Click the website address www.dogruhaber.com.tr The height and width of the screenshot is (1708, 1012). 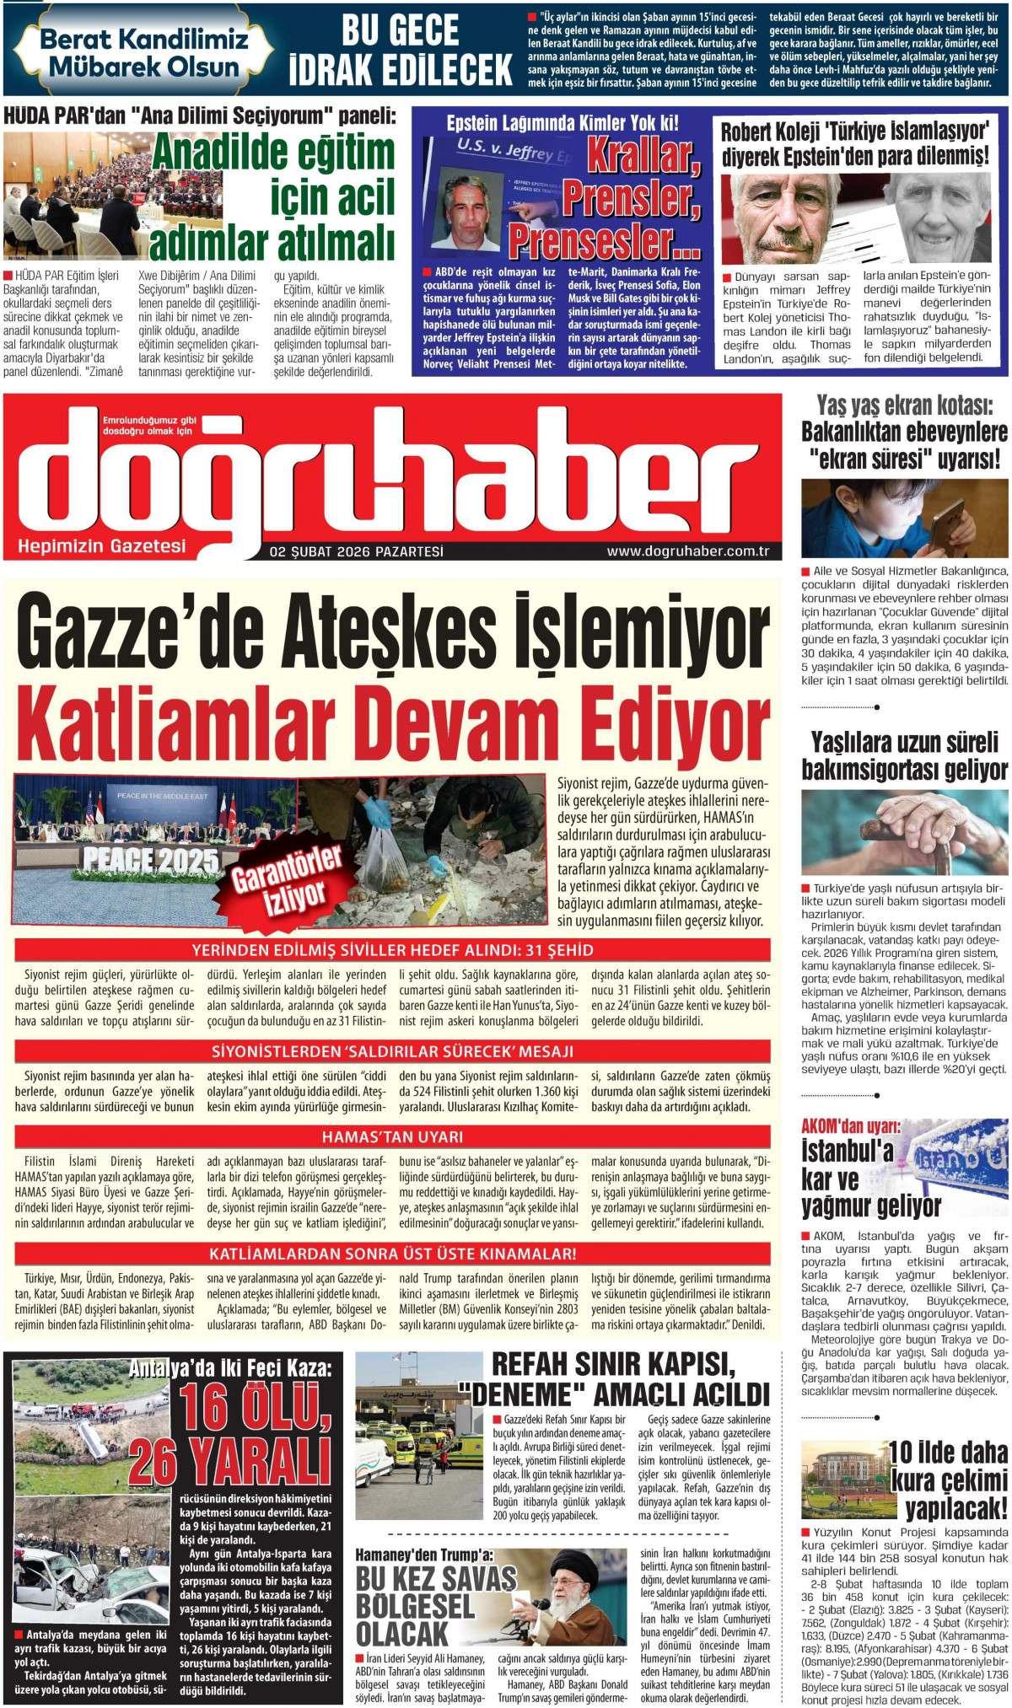(x=689, y=553)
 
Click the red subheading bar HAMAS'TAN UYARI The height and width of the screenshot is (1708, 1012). (x=392, y=1136)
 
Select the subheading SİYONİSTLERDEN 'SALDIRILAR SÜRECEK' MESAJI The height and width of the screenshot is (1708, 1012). (x=392, y=1051)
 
